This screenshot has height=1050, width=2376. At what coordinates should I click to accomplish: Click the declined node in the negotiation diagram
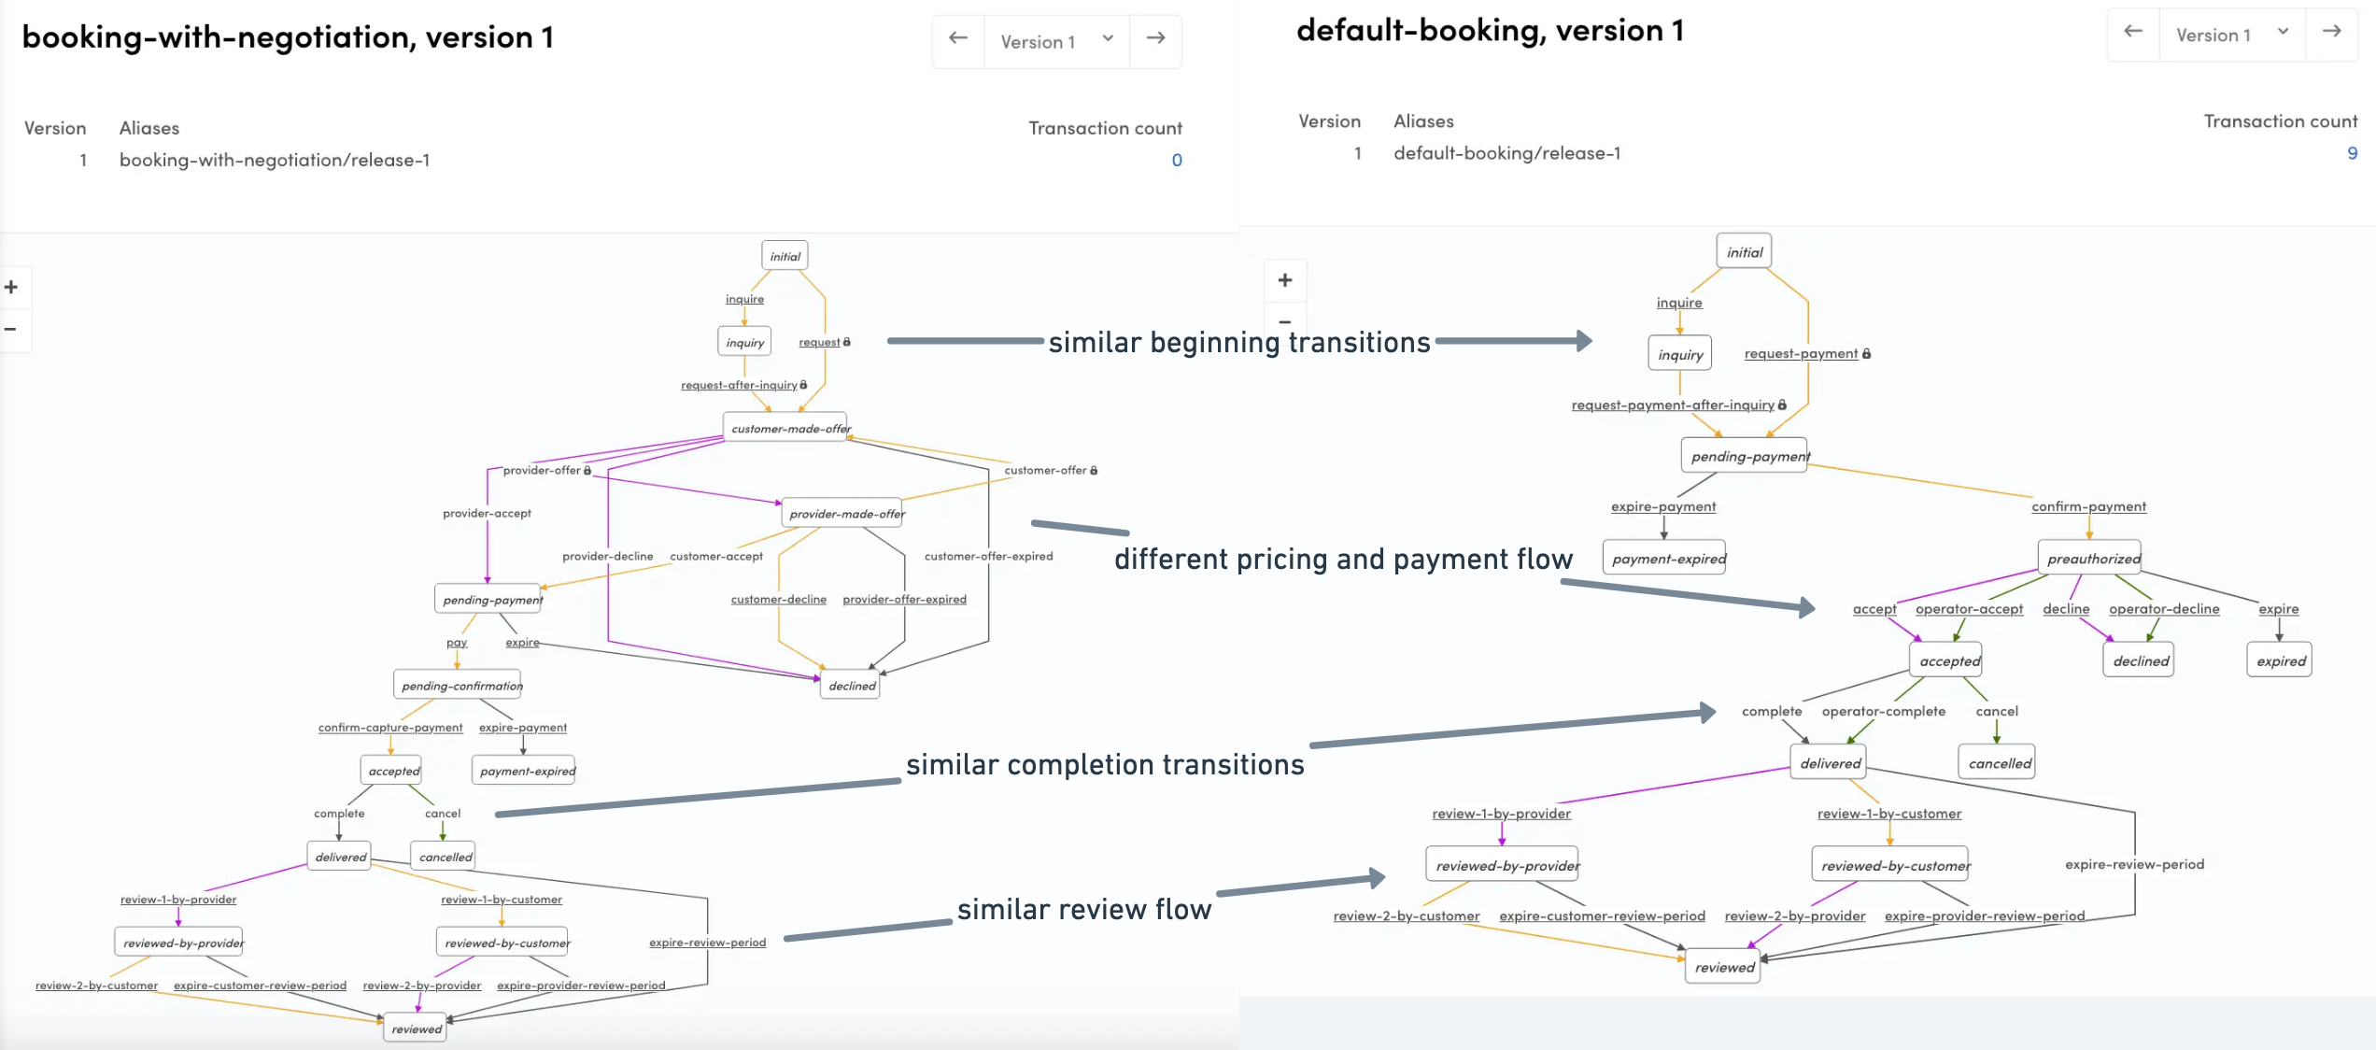point(852,686)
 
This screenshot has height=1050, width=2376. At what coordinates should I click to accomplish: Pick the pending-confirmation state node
point(458,686)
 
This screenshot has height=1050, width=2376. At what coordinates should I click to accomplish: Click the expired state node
point(2279,660)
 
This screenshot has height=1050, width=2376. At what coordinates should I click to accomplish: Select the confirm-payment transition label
point(2088,506)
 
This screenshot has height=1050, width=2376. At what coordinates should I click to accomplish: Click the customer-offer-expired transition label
point(988,556)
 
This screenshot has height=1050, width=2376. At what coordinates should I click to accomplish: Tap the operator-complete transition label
point(1883,711)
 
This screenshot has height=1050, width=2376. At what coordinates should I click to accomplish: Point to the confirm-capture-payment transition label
point(389,728)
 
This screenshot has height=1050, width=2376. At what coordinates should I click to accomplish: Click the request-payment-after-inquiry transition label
point(1672,404)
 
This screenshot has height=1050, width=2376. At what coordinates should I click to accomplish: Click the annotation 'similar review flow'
point(1083,909)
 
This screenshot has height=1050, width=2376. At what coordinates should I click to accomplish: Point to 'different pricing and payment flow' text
point(1342,559)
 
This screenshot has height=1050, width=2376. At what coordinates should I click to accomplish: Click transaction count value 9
point(2352,153)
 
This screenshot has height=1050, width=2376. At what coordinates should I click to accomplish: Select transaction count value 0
point(1177,160)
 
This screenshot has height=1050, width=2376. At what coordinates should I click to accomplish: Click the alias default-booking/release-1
point(1506,153)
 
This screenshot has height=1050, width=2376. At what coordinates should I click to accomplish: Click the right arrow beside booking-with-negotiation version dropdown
point(1155,38)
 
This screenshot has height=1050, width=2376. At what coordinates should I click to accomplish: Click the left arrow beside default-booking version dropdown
point(2132,32)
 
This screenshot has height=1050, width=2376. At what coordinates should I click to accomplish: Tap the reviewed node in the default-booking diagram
point(1723,968)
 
